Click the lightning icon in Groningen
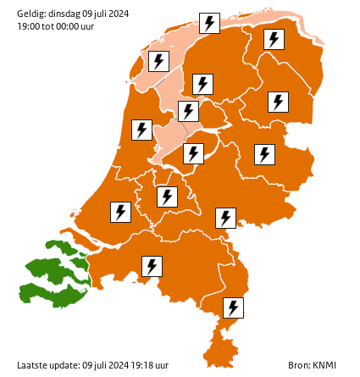pos(273,39)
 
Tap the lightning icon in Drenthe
pos(278,102)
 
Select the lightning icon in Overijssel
pos(265,154)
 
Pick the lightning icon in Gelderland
pos(225,218)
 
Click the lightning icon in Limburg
pos(233,308)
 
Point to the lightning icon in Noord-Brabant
pos(152,266)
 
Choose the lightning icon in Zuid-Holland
pos(121,211)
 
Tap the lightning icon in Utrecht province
pos(168,197)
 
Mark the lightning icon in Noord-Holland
pos(141,130)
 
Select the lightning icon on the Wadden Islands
pos(209,23)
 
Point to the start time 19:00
pos(28,26)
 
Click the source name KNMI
pos(324,365)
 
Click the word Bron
pos(297,365)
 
